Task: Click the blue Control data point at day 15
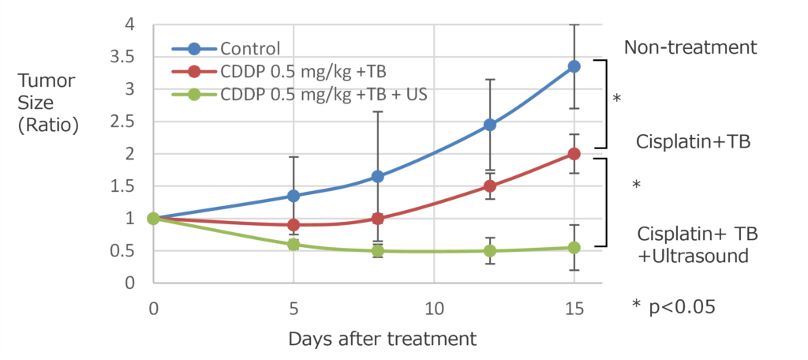pos(574,66)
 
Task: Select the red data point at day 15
pos(574,154)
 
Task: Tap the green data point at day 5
pos(294,245)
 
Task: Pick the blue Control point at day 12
pos(490,125)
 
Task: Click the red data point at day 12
pos(490,186)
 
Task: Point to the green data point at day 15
pos(574,247)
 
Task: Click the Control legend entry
pos(251,49)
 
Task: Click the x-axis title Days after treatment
pos(382,339)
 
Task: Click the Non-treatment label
pos(690,47)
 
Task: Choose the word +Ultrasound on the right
pos(692,257)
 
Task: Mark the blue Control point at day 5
pos(294,196)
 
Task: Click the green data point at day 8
pos(378,251)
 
